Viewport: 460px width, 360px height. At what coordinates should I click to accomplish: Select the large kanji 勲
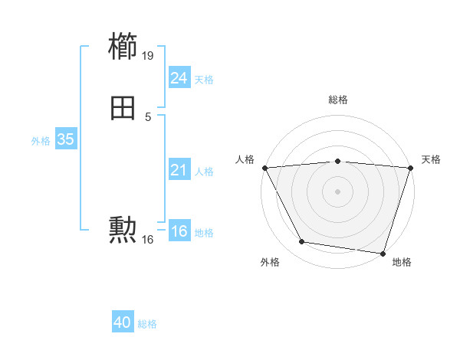pyautogui.click(x=123, y=229)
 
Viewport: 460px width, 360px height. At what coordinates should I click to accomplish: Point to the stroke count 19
pyautogui.click(x=148, y=55)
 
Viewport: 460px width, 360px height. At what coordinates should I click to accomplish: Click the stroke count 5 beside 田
pyautogui.click(x=147, y=116)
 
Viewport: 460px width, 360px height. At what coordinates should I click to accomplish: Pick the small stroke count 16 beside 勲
pyautogui.click(x=148, y=240)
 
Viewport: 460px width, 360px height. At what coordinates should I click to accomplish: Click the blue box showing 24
pyautogui.click(x=179, y=78)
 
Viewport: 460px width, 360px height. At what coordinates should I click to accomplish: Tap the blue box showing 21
pyautogui.click(x=179, y=170)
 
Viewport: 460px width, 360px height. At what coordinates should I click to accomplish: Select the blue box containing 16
pyautogui.click(x=179, y=231)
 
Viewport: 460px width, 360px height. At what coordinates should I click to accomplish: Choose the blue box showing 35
pyautogui.click(x=65, y=139)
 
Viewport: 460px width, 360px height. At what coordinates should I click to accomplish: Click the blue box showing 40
pyautogui.click(x=123, y=323)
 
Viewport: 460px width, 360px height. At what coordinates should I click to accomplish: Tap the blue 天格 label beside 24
pyautogui.click(x=204, y=80)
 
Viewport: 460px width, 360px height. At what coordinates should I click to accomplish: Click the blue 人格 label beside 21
pyautogui.click(x=204, y=172)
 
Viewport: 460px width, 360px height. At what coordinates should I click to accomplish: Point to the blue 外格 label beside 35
pyautogui.click(x=40, y=141)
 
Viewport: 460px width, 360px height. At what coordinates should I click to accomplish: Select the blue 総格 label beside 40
pyautogui.click(x=147, y=325)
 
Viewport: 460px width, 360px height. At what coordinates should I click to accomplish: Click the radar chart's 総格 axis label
pyautogui.click(x=338, y=100)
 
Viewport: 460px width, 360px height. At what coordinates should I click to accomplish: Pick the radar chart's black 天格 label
pyautogui.click(x=431, y=159)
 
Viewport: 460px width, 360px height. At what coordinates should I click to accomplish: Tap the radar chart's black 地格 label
pyautogui.click(x=402, y=263)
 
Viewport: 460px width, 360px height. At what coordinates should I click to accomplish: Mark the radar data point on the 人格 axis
pyautogui.click(x=264, y=167)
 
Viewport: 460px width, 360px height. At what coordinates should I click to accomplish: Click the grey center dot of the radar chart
pyautogui.click(x=337, y=191)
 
